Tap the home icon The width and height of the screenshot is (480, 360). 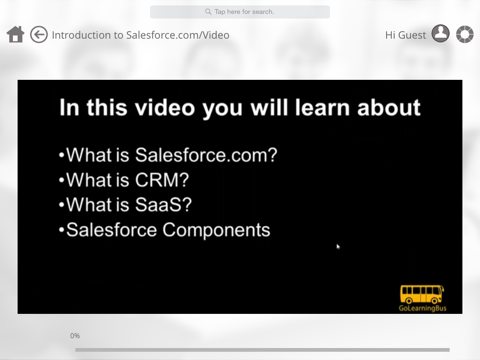(x=15, y=35)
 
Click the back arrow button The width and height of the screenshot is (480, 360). (x=39, y=35)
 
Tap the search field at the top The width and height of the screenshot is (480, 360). (x=240, y=12)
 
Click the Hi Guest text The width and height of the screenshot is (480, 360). (x=405, y=35)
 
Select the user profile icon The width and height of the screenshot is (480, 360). (x=440, y=35)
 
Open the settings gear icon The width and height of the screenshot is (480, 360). (x=465, y=35)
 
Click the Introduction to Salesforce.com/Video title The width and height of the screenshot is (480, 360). (x=140, y=35)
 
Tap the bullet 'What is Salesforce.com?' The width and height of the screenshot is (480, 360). (x=168, y=155)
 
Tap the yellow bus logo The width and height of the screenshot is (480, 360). (x=421, y=293)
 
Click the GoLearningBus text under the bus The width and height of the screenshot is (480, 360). (x=421, y=306)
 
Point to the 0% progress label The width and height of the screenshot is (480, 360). (x=75, y=336)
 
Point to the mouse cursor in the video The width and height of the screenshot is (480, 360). (x=338, y=246)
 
